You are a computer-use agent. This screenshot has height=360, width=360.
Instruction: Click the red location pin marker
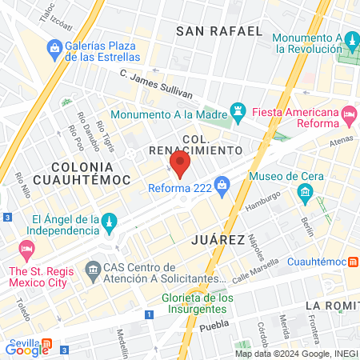point(180,166)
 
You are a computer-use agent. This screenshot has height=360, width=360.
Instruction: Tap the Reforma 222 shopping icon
point(222,188)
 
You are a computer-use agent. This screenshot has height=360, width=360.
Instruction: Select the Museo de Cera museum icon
point(305,192)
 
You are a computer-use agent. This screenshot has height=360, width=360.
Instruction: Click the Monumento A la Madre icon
point(238,109)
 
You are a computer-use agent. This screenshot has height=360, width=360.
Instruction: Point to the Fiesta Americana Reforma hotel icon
point(349,117)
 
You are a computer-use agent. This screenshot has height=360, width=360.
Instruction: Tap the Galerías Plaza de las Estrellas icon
point(54,50)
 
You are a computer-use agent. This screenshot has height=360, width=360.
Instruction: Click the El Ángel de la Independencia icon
point(110,219)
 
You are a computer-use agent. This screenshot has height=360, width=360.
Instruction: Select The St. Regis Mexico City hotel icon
point(26,250)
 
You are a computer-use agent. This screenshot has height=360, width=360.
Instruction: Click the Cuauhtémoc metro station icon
point(353,262)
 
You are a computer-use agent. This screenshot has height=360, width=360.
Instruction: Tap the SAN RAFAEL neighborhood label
point(218,31)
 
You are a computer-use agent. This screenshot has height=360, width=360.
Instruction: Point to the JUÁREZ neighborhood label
point(218,239)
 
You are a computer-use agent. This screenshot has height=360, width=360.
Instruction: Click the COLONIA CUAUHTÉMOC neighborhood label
point(90,173)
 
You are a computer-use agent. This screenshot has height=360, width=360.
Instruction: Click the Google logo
point(27,349)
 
